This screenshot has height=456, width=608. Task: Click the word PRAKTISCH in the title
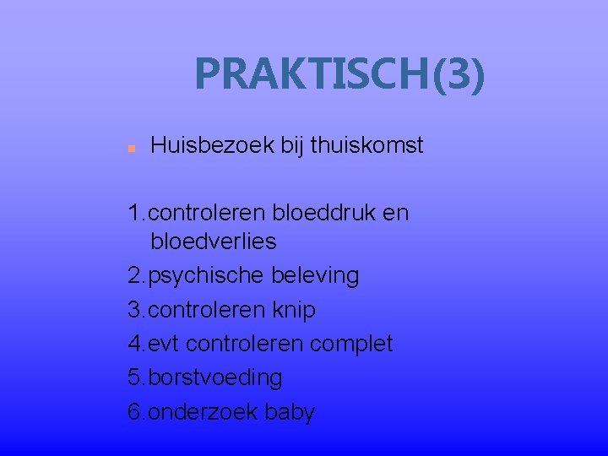[x=312, y=74]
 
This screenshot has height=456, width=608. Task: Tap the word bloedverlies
[x=213, y=242]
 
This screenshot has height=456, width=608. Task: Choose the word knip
[x=294, y=310]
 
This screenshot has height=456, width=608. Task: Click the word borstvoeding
[x=214, y=377]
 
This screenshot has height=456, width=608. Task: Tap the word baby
[x=289, y=412]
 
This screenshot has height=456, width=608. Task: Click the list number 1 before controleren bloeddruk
[x=133, y=212]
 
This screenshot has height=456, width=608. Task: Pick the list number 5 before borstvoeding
[x=133, y=377]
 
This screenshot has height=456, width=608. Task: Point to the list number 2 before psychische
[x=133, y=276]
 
